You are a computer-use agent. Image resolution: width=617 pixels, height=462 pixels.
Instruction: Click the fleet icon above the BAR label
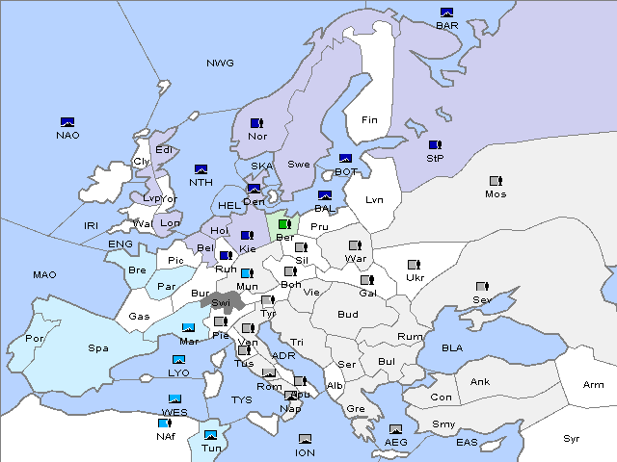447,13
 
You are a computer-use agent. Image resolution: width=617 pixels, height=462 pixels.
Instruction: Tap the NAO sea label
67,135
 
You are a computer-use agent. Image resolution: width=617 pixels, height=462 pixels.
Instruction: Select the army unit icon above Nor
256,123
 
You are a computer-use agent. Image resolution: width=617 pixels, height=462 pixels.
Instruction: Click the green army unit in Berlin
284,224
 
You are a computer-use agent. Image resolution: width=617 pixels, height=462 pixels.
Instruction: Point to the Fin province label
370,120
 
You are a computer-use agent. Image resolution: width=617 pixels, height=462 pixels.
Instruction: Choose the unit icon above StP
435,144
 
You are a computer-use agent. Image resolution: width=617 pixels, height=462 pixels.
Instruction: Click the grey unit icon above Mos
496,181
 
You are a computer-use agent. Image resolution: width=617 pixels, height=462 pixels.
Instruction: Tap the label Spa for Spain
97,347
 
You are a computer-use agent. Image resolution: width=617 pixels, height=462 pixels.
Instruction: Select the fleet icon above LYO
178,360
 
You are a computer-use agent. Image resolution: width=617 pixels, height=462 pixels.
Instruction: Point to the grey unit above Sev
481,287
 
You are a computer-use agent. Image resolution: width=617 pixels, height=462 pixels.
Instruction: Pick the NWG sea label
220,64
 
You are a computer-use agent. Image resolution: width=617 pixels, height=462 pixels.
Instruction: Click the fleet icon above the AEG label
395,429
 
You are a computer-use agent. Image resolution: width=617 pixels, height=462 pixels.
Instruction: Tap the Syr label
573,438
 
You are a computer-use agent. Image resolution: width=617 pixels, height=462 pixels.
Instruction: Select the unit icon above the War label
355,245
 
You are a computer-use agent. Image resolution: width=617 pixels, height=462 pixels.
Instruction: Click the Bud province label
347,314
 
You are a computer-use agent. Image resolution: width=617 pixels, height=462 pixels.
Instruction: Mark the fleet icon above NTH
201,169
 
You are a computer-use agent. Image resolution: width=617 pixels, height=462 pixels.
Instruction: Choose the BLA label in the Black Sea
453,347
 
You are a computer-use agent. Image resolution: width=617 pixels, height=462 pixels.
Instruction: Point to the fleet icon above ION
305,439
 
